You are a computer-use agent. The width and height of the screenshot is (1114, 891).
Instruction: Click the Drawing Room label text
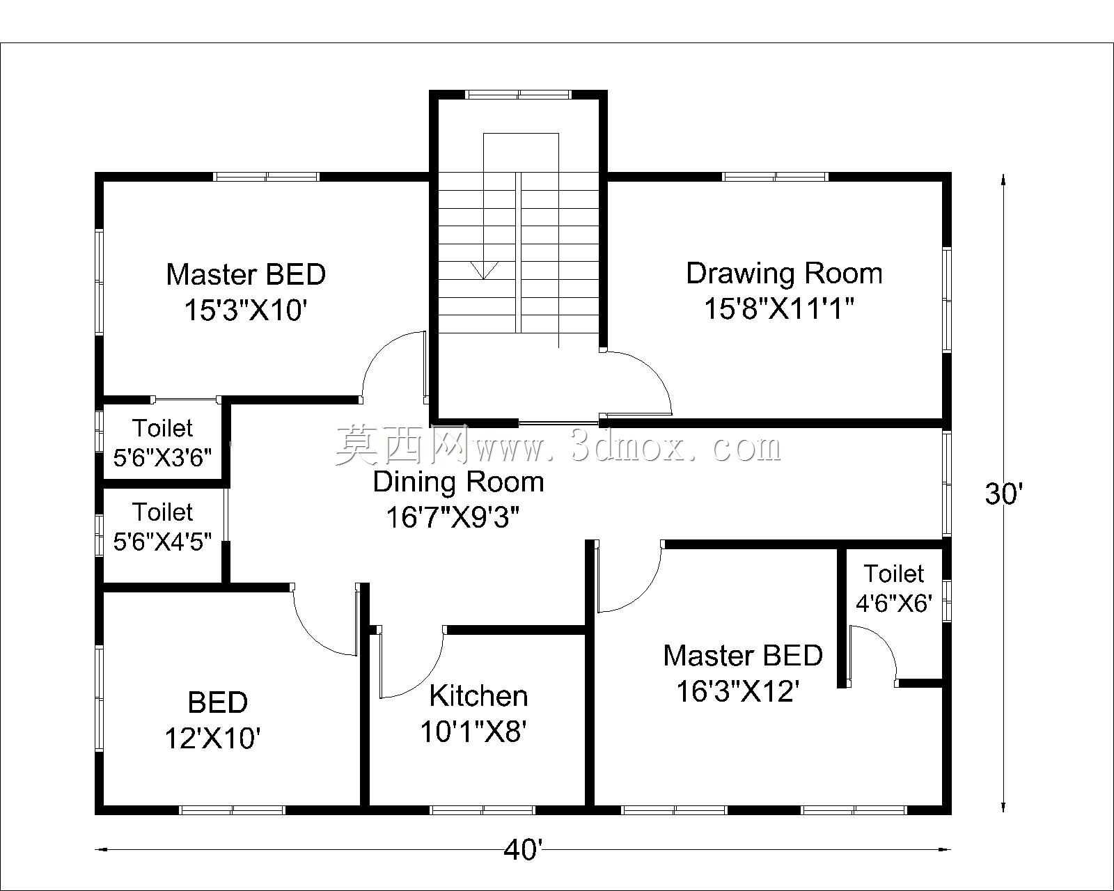coord(784,274)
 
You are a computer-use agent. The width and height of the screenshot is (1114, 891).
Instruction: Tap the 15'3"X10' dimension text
coord(246,310)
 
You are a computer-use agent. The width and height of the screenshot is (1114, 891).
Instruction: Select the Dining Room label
coord(458,482)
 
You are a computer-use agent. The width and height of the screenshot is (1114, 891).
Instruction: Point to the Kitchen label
coord(478,696)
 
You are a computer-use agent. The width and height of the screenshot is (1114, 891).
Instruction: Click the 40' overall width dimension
coord(523,849)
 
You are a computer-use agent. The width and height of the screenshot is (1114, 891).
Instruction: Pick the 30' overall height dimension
coord(1004,494)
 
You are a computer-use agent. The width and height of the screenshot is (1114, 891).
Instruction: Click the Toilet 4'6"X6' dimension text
coord(894,603)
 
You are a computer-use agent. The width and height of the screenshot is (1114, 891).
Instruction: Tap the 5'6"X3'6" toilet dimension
coord(162,457)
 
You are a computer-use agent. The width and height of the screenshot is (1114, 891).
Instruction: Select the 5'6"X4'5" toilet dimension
coord(162,542)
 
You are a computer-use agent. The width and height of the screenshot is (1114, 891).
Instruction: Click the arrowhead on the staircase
coord(483,270)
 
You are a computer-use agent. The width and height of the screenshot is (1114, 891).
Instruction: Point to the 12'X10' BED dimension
coord(212,738)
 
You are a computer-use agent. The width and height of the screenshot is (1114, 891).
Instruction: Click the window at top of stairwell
coord(518,94)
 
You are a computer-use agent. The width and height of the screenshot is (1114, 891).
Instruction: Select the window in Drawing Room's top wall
coord(775,177)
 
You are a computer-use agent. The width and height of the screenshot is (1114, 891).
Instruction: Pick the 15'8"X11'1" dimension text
coord(778,308)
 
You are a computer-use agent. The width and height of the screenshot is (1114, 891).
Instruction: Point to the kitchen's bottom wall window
coord(483,810)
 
